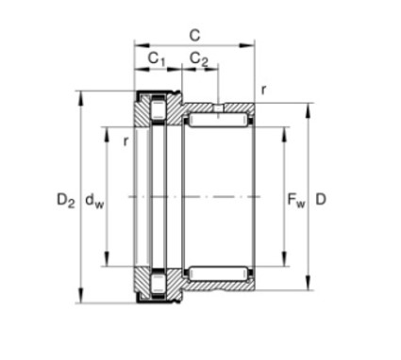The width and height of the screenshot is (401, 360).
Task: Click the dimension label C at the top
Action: (195, 35)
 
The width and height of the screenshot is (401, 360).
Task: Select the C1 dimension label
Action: (157, 58)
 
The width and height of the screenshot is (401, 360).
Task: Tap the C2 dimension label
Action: (199, 58)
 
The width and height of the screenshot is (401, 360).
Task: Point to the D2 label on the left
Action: (66, 200)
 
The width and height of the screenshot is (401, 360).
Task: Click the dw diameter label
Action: (94, 200)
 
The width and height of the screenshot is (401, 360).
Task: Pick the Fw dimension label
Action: (296, 200)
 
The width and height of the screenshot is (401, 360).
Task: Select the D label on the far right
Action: (321, 199)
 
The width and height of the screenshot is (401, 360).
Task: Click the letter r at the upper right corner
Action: (263, 90)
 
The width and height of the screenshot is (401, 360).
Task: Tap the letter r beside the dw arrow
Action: (125, 141)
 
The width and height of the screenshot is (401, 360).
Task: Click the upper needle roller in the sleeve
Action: (219, 121)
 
